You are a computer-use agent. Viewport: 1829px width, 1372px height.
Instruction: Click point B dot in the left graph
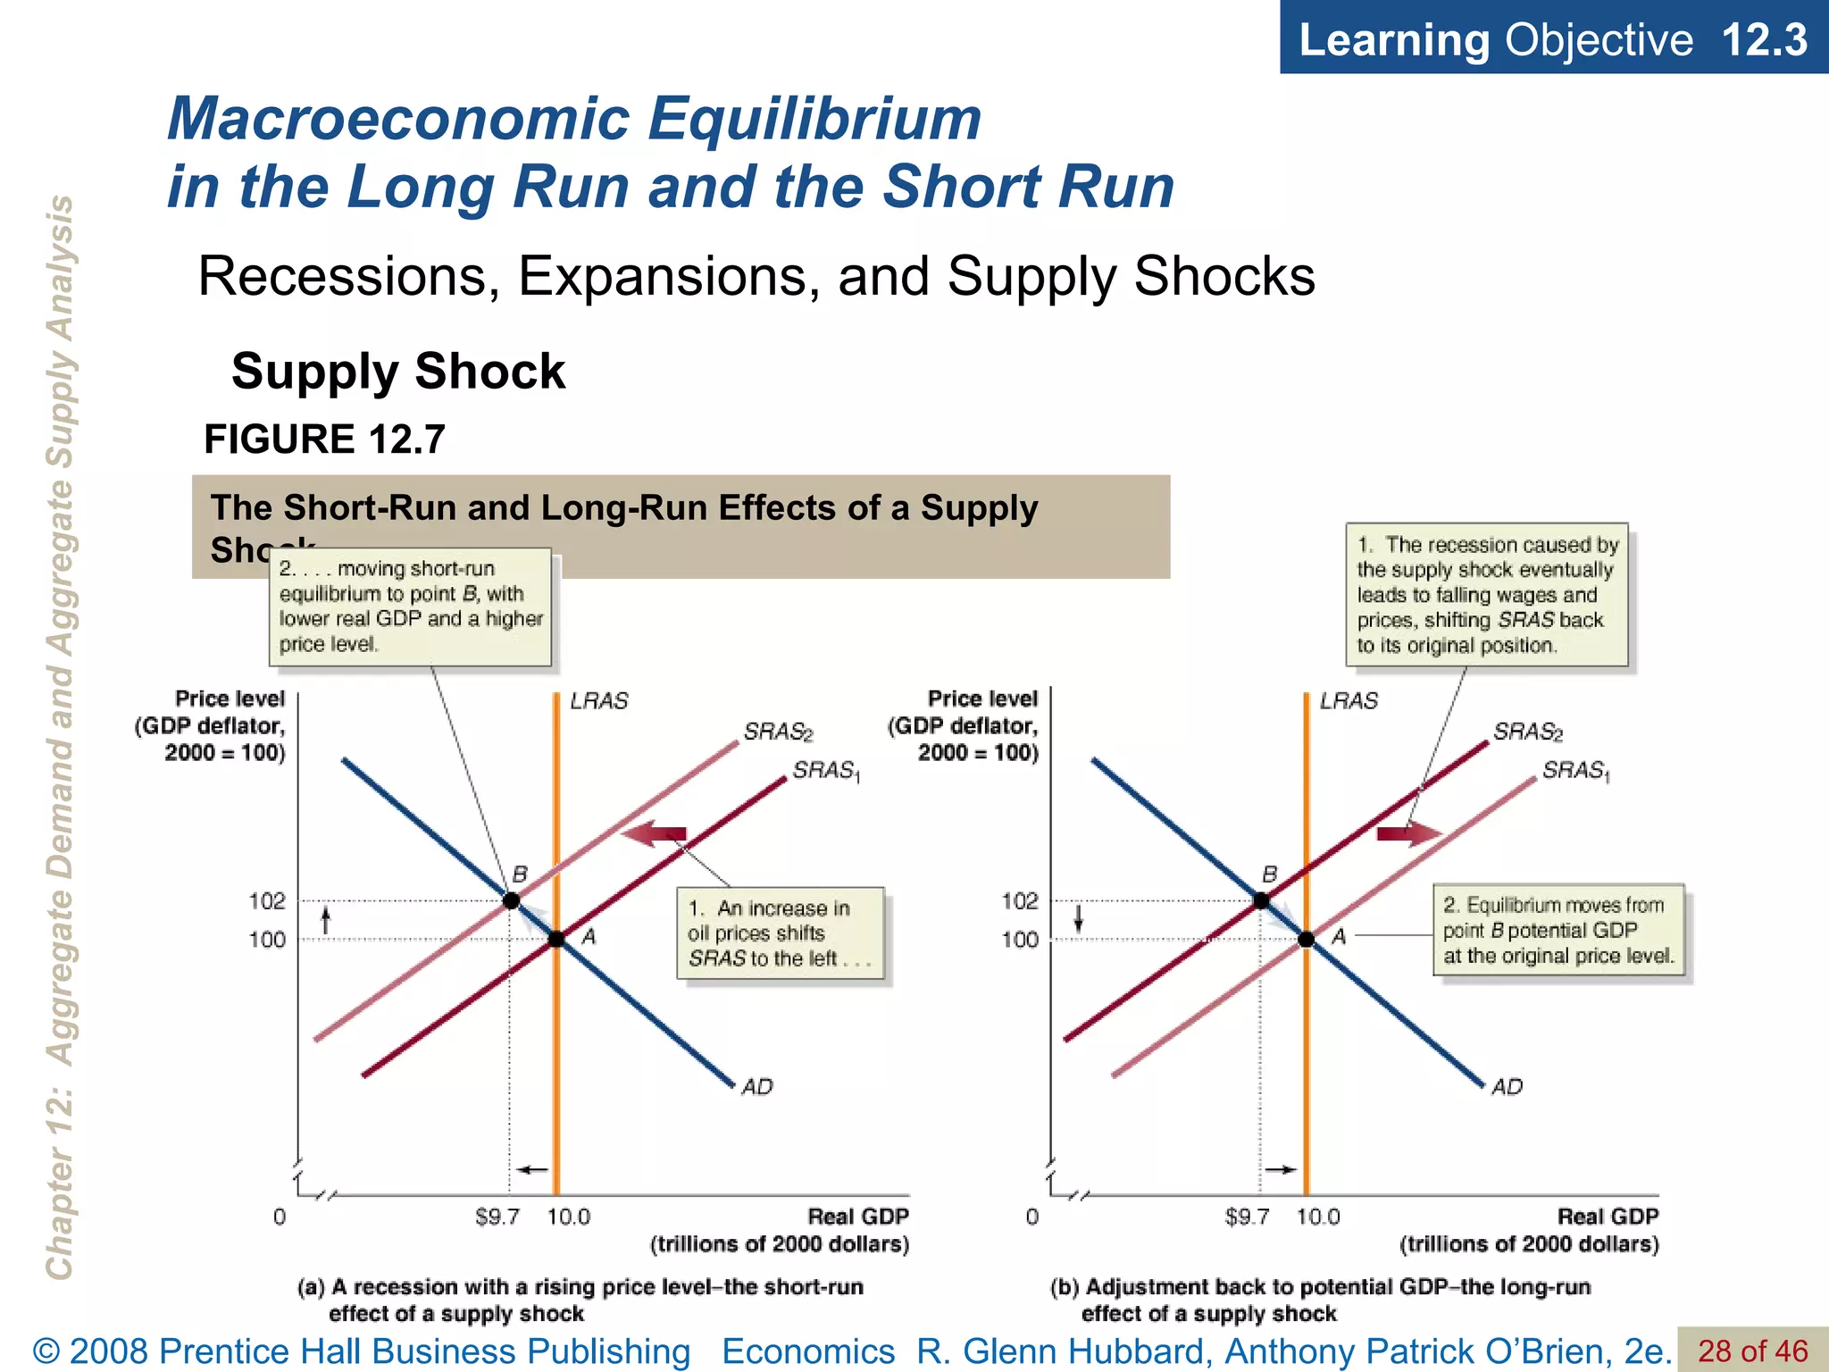tap(511, 900)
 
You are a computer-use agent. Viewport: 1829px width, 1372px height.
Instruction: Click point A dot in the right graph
tap(1306, 939)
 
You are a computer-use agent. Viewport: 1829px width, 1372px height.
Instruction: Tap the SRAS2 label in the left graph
tap(778, 732)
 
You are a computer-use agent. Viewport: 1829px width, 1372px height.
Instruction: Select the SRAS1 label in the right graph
tap(1576, 771)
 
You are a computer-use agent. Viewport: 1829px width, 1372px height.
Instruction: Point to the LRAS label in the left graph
tap(599, 701)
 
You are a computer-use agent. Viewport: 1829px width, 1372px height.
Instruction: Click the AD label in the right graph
tap(1507, 1087)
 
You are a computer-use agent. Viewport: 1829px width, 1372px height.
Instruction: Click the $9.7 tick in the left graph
tap(497, 1217)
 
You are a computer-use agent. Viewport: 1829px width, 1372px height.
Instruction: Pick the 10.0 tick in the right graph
tap(1318, 1217)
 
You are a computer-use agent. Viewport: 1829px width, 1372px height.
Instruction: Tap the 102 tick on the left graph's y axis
tap(267, 901)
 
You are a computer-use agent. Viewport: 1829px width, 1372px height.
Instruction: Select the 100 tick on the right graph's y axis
tap(1020, 940)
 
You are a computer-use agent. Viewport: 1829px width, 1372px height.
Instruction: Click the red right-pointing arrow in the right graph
tap(1408, 834)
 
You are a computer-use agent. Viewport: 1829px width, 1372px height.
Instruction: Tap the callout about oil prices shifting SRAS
tap(781, 933)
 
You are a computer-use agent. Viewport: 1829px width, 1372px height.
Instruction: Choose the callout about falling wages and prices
tap(1487, 595)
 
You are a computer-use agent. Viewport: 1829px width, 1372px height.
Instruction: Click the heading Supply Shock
tap(398, 372)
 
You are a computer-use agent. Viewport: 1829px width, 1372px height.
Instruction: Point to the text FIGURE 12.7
tap(324, 439)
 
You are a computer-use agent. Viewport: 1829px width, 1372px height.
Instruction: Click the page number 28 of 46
tap(1752, 1351)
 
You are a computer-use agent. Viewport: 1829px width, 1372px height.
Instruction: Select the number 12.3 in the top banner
tap(1764, 40)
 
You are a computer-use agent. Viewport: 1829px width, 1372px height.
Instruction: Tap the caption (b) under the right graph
tap(1320, 1300)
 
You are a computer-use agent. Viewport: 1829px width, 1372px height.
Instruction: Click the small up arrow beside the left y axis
tap(326, 920)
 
